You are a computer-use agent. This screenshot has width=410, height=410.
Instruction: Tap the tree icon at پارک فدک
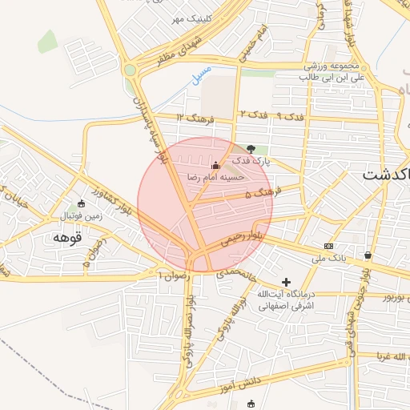(x=252, y=149)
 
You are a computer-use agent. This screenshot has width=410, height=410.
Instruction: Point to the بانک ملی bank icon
(x=328, y=245)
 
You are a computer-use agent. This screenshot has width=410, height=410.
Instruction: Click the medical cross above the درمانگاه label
(x=287, y=282)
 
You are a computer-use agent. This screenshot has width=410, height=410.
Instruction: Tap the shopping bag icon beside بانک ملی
(x=368, y=255)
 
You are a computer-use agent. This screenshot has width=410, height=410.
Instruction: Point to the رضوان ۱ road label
(x=175, y=274)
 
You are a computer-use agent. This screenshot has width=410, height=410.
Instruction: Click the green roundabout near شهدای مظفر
(x=130, y=70)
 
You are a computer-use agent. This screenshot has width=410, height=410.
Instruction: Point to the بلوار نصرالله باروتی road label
(x=191, y=329)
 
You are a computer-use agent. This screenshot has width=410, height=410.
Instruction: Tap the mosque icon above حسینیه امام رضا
(x=215, y=165)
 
